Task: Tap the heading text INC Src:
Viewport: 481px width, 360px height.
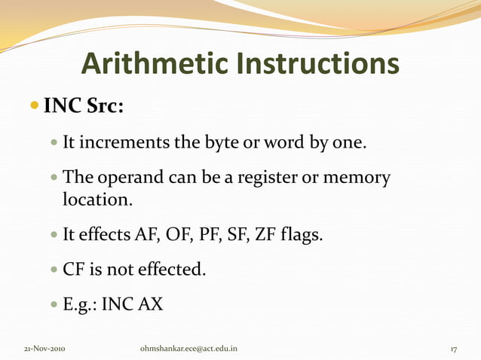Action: pyautogui.click(x=84, y=106)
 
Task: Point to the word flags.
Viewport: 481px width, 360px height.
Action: pyautogui.click(x=302, y=236)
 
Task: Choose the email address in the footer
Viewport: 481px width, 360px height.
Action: pyautogui.click(x=189, y=349)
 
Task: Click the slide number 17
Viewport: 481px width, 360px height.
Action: pyautogui.click(x=455, y=349)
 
